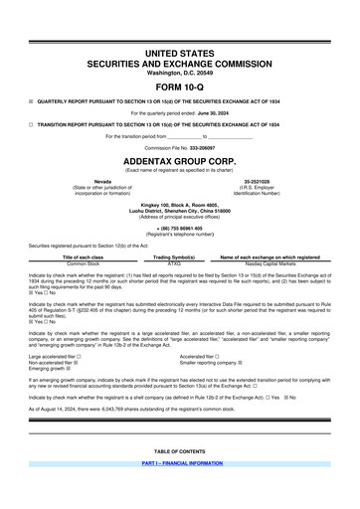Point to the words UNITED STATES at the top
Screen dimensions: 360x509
point(180,51)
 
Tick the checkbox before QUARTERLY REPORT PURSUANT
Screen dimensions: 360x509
point(32,100)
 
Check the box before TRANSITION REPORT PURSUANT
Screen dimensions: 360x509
point(32,124)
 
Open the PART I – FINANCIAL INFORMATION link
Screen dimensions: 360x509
point(180,491)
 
